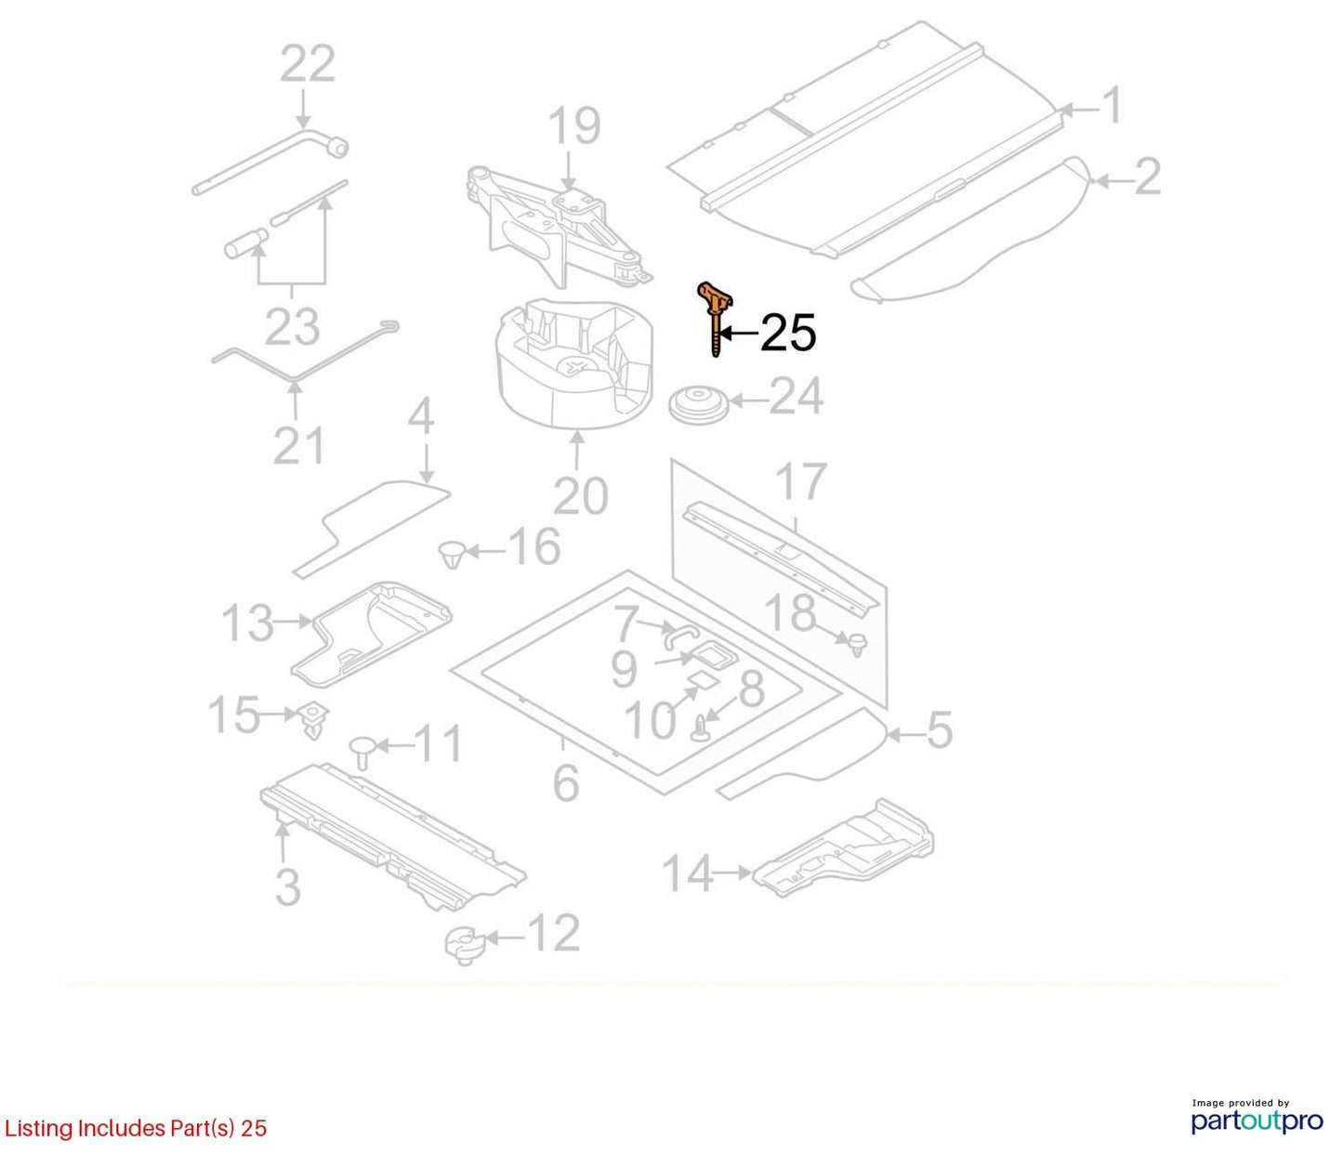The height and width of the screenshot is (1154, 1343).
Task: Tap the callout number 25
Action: (787, 334)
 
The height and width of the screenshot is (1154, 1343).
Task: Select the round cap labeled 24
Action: (699, 404)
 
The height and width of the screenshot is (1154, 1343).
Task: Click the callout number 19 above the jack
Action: (574, 126)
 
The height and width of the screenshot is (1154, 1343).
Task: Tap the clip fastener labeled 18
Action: (857, 644)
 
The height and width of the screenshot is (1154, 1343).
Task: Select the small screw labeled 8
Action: (701, 728)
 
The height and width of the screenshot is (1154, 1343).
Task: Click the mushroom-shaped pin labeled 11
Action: (362, 752)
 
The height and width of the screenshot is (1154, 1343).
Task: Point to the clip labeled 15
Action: (313, 722)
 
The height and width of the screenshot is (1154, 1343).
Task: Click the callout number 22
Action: (308, 63)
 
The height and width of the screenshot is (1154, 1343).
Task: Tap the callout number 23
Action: (293, 326)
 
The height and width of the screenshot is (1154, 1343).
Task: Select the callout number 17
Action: (801, 481)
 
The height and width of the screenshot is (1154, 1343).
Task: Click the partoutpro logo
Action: (1257, 1121)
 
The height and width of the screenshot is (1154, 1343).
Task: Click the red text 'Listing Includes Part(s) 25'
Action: (135, 1128)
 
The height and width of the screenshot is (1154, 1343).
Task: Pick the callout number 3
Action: (288, 885)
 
